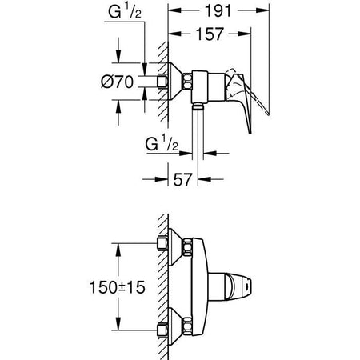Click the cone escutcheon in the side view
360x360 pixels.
pos(176,82)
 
